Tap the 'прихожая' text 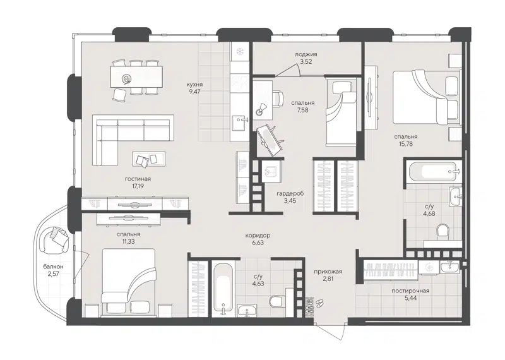(327, 272)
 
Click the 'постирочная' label (411, 291)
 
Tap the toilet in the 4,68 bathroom (444, 231)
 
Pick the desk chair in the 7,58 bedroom (261, 109)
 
